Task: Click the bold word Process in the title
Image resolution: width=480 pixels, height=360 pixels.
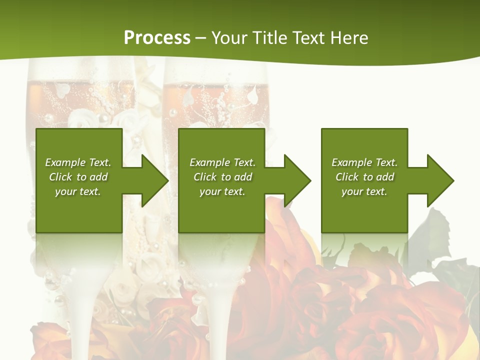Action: tap(157, 38)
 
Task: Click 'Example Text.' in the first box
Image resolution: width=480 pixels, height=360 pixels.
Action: tap(78, 162)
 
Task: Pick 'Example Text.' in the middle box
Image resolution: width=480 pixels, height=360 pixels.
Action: tap(222, 162)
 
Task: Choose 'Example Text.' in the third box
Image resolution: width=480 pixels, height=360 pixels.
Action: tap(364, 162)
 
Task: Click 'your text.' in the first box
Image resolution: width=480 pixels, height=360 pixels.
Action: tap(78, 191)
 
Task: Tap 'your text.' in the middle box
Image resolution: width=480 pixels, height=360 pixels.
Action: tap(222, 191)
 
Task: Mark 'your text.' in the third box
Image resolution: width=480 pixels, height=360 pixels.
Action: tap(364, 191)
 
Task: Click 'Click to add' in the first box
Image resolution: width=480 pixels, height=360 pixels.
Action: tap(78, 177)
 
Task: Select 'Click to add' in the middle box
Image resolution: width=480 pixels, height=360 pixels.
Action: tap(222, 177)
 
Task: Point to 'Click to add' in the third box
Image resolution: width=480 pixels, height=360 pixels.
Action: tap(364, 177)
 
